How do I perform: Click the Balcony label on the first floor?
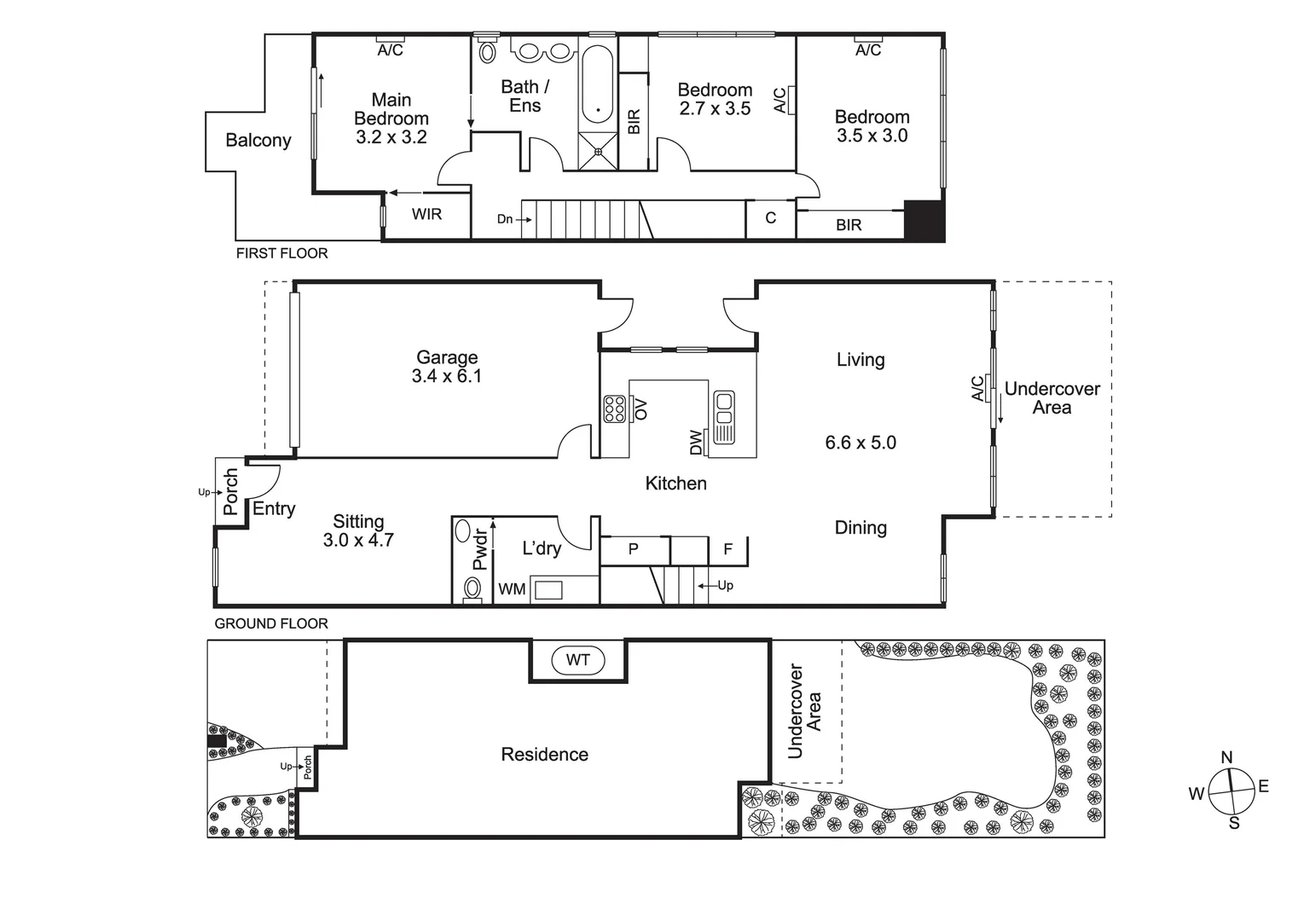tap(258, 141)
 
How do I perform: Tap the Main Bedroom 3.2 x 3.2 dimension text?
tap(391, 137)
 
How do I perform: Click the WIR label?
tap(426, 215)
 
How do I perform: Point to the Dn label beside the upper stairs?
tap(505, 219)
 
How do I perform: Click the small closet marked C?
tap(770, 218)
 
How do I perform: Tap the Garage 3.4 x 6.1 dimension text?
tap(447, 376)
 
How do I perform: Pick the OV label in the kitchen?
tap(641, 408)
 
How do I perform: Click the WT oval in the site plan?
tap(578, 660)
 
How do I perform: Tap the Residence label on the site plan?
tap(544, 755)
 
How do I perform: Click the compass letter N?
tap(1226, 757)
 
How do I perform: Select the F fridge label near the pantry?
tap(727, 550)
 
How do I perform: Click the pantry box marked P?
tap(633, 549)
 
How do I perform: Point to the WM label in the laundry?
tap(512, 589)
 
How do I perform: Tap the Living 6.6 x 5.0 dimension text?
tap(861, 443)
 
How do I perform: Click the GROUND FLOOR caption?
tap(271, 623)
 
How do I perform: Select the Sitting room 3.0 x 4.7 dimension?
tap(358, 540)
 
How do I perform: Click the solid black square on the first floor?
tap(924, 221)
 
